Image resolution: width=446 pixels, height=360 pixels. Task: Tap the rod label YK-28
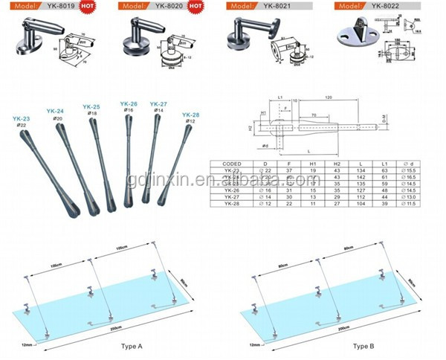point(190,115)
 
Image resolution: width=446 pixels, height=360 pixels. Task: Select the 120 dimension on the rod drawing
point(328,97)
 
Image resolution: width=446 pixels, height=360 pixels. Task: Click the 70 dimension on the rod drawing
point(317,115)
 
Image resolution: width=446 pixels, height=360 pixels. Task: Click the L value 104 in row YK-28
point(361,202)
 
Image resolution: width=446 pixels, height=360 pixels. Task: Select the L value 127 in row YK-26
point(361,190)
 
